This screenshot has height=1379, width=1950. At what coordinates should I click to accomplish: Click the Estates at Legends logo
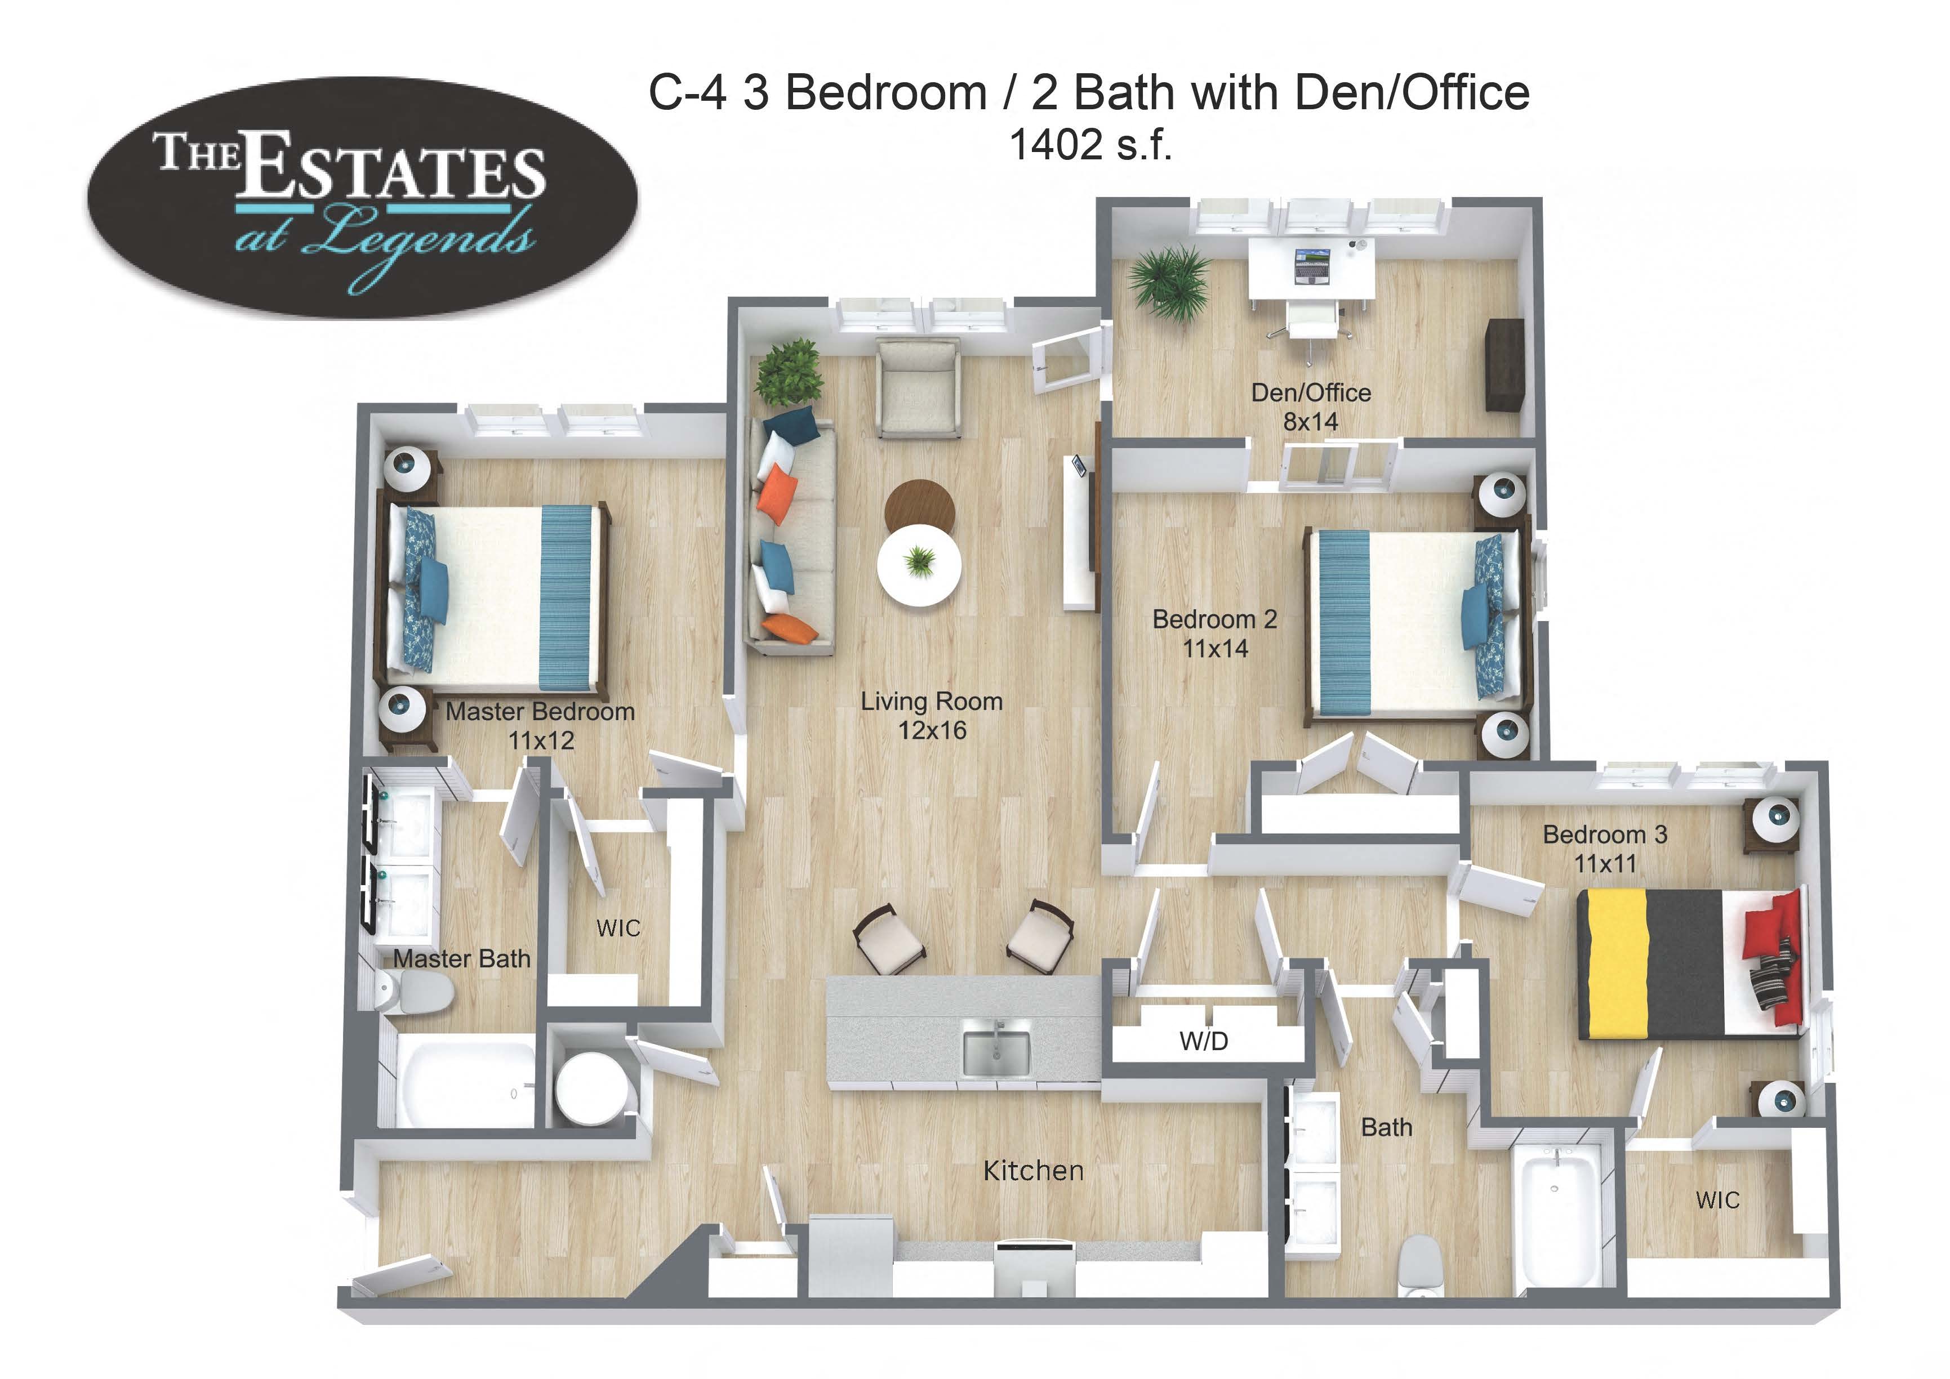(363, 197)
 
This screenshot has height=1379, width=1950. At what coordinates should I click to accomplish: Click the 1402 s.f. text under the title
(1090, 145)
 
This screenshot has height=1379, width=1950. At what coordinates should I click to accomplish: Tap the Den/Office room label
(1311, 406)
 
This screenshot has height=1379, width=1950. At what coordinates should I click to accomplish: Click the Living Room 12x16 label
(932, 715)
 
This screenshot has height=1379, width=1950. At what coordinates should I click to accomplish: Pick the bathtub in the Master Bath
(465, 1083)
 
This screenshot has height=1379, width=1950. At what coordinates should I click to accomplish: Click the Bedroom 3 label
(1604, 848)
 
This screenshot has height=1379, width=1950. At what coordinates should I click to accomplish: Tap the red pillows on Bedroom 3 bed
(1775, 957)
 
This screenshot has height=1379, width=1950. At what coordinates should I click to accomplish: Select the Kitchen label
(1033, 1171)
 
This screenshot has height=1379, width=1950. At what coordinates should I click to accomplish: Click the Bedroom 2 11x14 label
(1214, 633)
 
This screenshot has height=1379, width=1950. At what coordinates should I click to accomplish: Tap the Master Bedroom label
(540, 725)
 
